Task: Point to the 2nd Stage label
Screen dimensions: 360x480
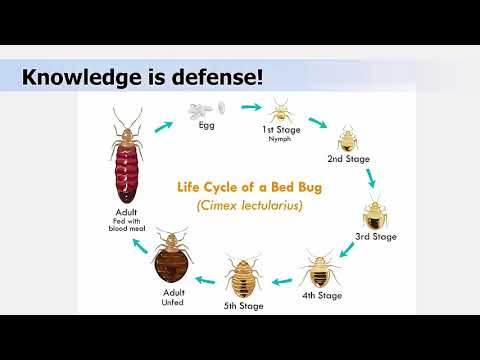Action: tap(349, 158)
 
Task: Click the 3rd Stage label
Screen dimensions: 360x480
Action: tap(377, 237)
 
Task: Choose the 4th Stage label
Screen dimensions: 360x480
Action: tap(321, 295)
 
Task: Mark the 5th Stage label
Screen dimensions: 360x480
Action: tap(244, 305)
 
